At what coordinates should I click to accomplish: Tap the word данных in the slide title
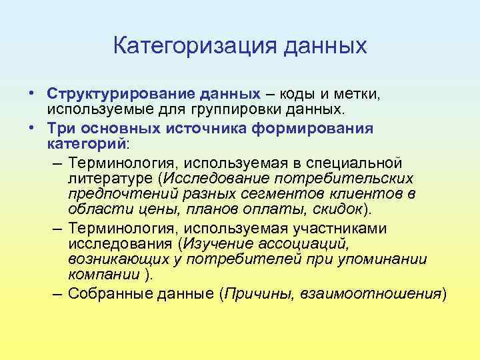click(x=326, y=46)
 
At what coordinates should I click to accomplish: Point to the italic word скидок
click(x=340, y=210)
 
